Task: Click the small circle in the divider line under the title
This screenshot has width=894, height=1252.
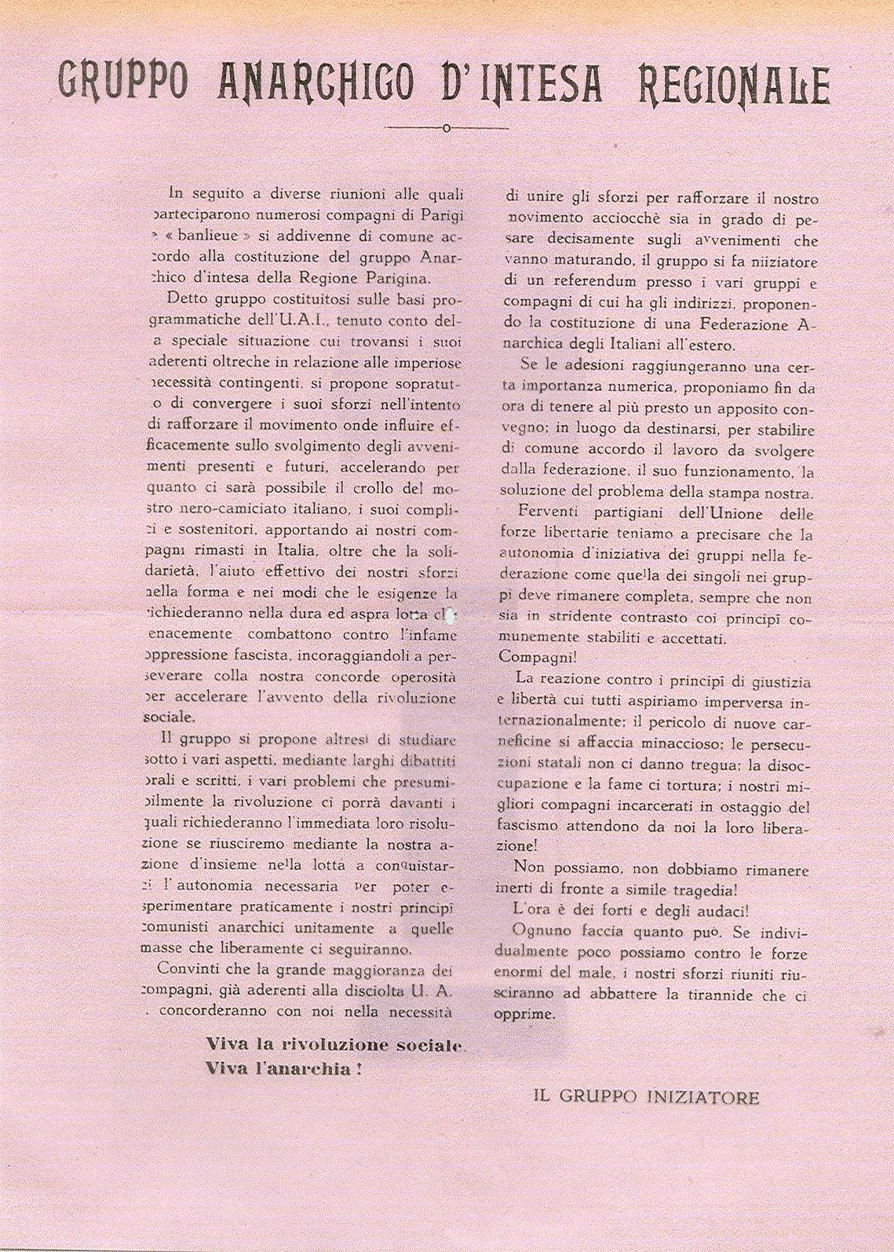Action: [446, 129]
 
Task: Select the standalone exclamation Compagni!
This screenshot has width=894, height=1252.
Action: [532, 657]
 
